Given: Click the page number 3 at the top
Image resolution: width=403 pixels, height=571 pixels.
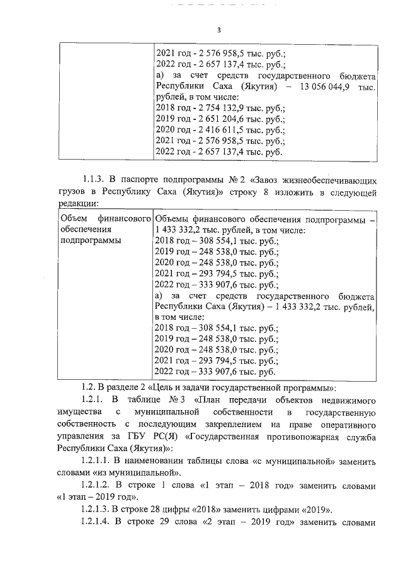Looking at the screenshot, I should [x=219, y=30].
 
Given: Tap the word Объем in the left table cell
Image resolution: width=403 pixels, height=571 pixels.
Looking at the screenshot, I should [x=73, y=218].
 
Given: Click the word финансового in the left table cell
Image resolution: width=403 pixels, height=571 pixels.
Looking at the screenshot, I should [x=127, y=218].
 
